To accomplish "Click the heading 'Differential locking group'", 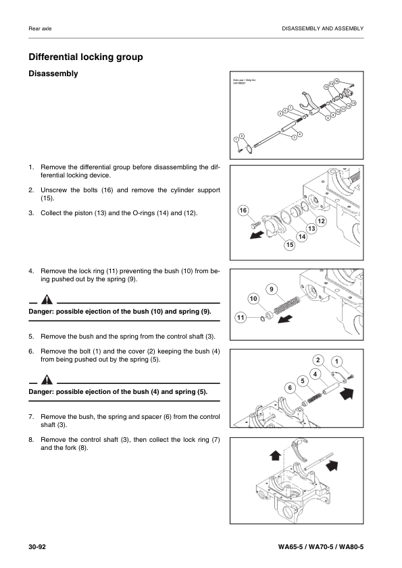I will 85,57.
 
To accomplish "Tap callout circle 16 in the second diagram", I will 243,212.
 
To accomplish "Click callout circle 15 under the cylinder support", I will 290,245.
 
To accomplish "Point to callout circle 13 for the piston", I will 313,229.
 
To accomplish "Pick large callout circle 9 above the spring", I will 271,289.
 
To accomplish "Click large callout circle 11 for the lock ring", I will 241,317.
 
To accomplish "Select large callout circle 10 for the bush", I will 253,298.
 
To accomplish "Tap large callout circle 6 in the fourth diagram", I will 289,387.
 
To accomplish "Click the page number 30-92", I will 36,544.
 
